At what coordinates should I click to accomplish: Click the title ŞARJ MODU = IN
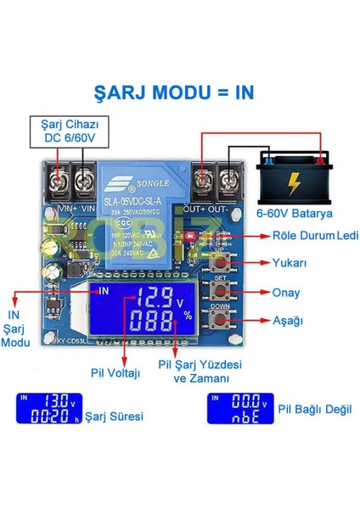pos(179,91)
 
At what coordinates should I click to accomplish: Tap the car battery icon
pos(294,176)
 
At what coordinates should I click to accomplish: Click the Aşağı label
pos(288,322)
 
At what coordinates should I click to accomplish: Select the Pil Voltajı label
pos(116,371)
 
